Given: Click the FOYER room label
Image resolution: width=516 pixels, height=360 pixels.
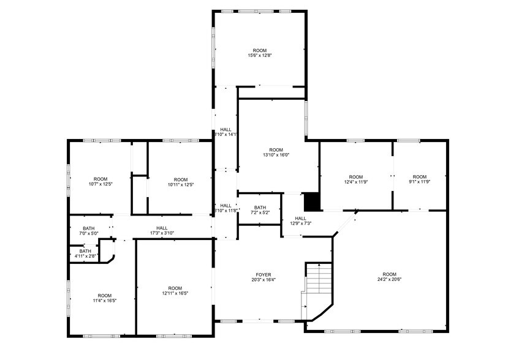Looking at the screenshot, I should pos(264,274).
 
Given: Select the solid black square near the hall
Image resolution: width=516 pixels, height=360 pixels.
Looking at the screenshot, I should pos(312,201).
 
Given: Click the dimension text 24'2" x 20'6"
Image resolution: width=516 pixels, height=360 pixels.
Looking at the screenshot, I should pos(389,280).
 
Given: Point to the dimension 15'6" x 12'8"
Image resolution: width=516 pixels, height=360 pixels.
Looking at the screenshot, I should pos(260,56).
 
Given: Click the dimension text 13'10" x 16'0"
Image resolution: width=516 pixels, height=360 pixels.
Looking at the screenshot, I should pos(276,155).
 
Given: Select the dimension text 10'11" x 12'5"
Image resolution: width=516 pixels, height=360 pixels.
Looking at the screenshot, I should pos(180,184).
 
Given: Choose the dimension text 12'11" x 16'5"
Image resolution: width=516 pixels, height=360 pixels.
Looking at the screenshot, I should pos(175,293).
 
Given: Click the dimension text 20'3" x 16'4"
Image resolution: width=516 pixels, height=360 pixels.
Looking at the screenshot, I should pos(264,280).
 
